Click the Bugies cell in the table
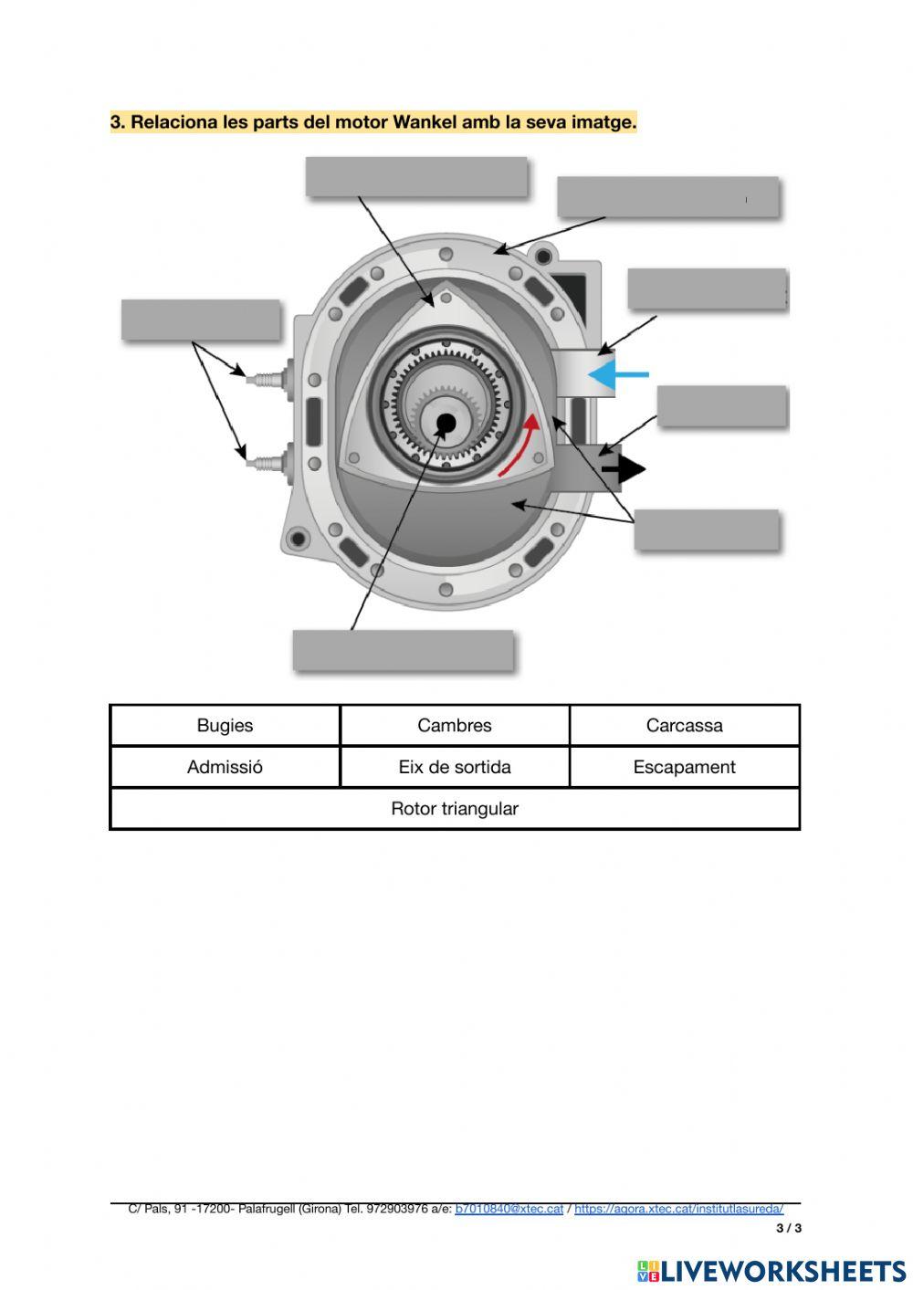click(x=225, y=726)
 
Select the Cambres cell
click(x=455, y=726)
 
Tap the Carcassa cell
click(x=684, y=726)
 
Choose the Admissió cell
click(x=225, y=767)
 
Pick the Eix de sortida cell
click(x=455, y=767)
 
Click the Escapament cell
click(x=684, y=767)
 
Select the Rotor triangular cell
click(x=455, y=809)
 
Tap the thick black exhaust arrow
click(x=624, y=469)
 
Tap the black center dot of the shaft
click(x=446, y=423)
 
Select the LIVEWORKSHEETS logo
click(x=771, y=1271)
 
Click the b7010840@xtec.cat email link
click(x=509, y=1209)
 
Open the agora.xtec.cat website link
click(x=678, y=1209)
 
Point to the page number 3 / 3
click(x=789, y=1228)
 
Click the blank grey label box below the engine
click(x=404, y=651)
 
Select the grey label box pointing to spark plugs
click(x=201, y=320)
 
